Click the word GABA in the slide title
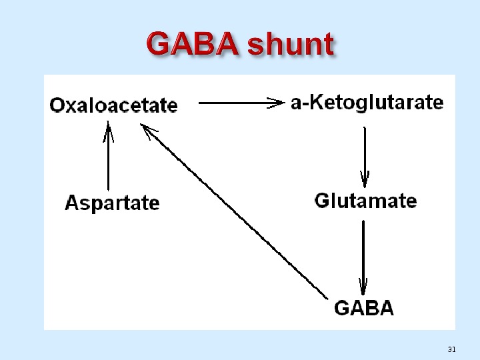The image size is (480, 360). (193, 45)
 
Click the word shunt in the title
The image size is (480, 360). (290, 45)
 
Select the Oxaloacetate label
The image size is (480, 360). (114, 105)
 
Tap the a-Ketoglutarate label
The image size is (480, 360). (367, 103)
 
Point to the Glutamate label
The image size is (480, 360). (365, 201)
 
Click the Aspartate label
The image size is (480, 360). (112, 203)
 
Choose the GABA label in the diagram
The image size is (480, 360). (363, 308)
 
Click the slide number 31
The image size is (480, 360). (451, 349)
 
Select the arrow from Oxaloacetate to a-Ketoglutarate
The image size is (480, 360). (240, 103)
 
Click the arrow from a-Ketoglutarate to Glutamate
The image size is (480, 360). (365, 153)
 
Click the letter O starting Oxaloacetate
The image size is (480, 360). (58, 105)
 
